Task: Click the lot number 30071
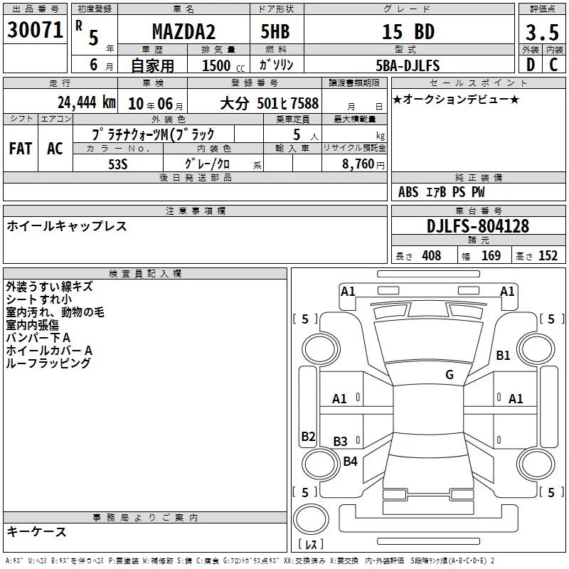35,30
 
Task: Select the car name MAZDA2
184,31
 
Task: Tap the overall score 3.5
542,32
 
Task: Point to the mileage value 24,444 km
87,102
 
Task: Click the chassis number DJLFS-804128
478,226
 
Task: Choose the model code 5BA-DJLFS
408,65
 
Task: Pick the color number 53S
118,164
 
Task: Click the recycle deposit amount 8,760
358,164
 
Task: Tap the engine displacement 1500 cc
223,65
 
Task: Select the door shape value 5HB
275,31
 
